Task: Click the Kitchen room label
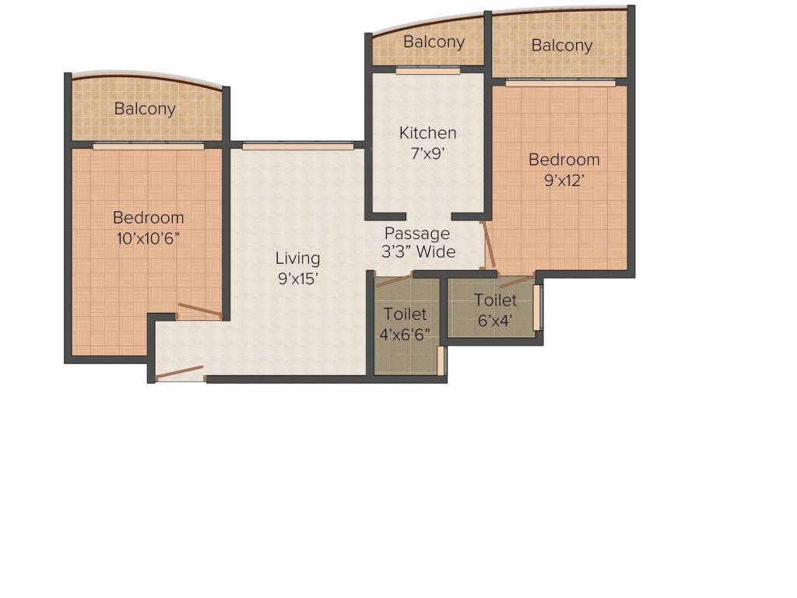point(427,132)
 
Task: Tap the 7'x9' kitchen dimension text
point(427,153)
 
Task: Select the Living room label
point(297,259)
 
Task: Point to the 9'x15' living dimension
point(297,279)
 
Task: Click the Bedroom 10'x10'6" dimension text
point(149,238)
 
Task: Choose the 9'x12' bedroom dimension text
point(564,180)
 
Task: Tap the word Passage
point(417,234)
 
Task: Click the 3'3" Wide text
point(419,252)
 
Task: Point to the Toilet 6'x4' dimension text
point(495,320)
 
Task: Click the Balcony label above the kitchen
point(434,42)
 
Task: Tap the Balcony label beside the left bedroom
point(145,109)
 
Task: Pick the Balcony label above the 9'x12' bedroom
point(562,46)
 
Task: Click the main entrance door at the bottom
point(180,373)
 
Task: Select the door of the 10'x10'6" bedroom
point(199,311)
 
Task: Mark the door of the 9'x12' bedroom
point(488,244)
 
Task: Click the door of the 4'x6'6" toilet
point(393,280)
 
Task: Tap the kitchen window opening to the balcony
point(427,71)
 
